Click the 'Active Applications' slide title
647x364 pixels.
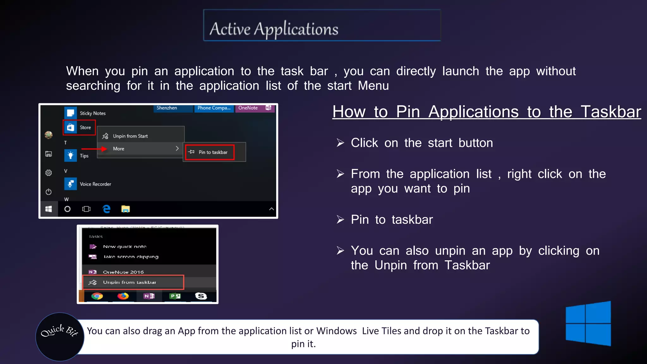[274, 29]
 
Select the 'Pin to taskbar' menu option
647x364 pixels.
[213, 152]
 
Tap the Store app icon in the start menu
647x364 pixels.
[71, 127]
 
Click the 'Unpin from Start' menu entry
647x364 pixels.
[130, 136]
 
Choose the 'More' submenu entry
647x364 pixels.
[119, 149]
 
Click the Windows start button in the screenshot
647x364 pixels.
[49, 209]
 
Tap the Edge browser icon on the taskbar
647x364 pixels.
[106, 209]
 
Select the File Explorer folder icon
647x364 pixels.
[125, 209]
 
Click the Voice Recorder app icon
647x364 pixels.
[71, 184]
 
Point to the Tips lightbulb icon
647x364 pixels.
[71, 155]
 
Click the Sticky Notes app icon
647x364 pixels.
[71, 113]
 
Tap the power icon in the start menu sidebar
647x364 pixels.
[49, 192]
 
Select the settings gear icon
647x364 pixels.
[49, 173]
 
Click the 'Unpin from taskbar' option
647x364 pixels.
[130, 282]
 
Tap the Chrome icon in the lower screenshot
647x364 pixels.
[97, 296]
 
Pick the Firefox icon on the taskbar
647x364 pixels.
[123, 296]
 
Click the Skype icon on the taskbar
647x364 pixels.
[201, 296]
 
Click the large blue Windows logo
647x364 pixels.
[588, 324]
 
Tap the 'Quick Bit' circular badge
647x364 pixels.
[60, 337]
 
